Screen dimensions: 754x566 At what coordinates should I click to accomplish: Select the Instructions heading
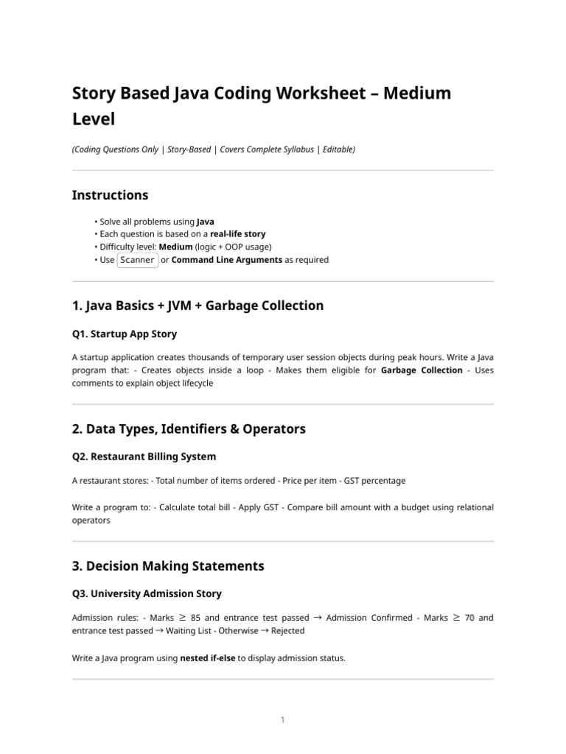click(x=110, y=195)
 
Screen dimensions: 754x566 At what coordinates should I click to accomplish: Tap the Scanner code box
click(x=138, y=260)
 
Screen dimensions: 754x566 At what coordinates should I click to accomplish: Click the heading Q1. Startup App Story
click(x=125, y=334)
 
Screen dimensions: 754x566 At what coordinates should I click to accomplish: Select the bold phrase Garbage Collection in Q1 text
click(x=422, y=370)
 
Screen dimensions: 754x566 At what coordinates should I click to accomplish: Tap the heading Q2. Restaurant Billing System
click(x=144, y=457)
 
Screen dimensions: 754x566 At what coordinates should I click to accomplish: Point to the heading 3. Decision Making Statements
click(x=168, y=566)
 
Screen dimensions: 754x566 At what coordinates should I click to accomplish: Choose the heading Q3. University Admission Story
click(x=147, y=593)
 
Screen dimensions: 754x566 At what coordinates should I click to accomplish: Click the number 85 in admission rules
click(x=195, y=618)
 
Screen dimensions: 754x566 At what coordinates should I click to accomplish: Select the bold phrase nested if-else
click(x=208, y=658)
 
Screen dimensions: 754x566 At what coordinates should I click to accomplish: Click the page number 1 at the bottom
click(x=283, y=720)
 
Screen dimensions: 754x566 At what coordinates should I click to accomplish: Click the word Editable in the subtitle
click(x=338, y=149)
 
